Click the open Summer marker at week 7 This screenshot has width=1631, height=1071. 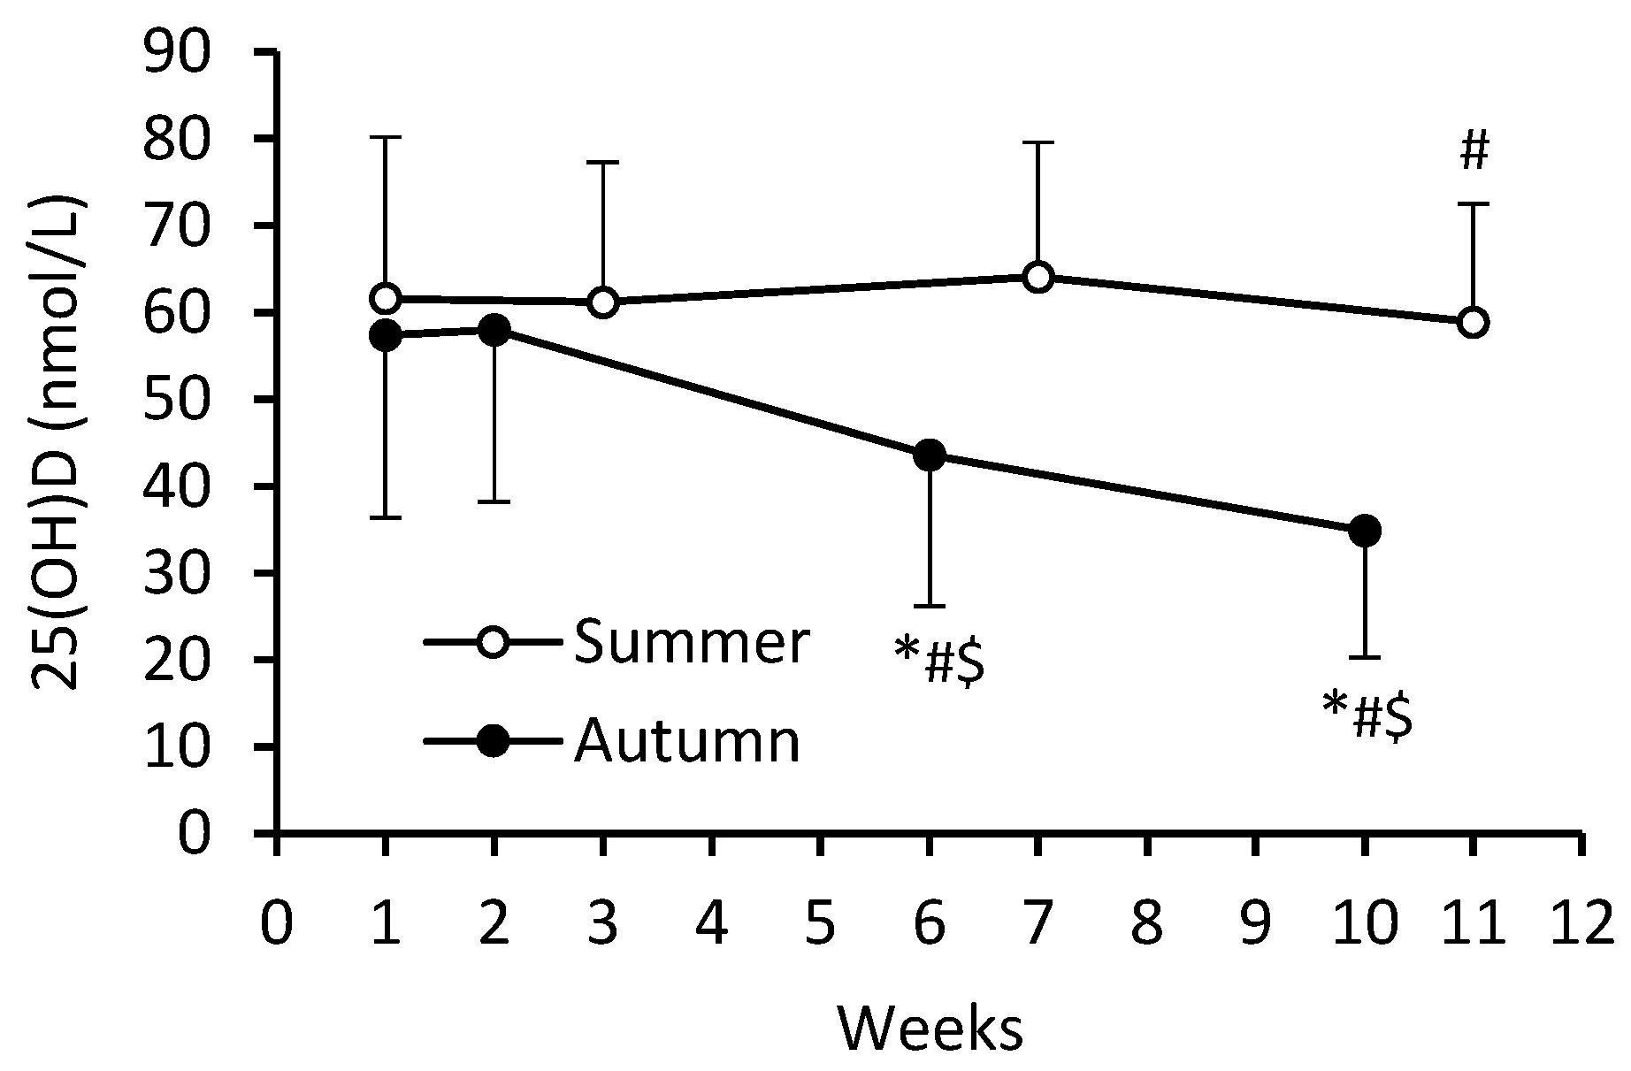pyautogui.click(x=1038, y=277)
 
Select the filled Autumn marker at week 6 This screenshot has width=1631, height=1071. pyautogui.click(x=930, y=455)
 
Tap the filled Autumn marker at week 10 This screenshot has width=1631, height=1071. pyautogui.click(x=1365, y=531)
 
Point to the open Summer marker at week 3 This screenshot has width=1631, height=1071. pyautogui.click(x=602, y=302)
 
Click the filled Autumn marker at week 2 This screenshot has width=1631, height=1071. pyautogui.click(x=494, y=331)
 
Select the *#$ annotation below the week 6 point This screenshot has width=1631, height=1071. pyautogui.click(x=939, y=662)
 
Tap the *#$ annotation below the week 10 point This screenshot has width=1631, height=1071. pyautogui.click(x=1367, y=716)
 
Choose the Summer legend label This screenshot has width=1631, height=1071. pyautogui.click(x=691, y=643)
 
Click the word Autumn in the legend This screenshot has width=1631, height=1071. pyautogui.click(x=687, y=741)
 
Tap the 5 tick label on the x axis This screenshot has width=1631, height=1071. pyautogui.click(x=821, y=924)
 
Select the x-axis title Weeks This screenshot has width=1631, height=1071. pyautogui.click(x=930, y=1029)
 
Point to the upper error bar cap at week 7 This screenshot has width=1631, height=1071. pyautogui.click(x=1038, y=142)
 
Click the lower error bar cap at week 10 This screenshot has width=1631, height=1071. pyautogui.click(x=1365, y=657)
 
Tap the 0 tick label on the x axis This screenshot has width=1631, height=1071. pyautogui.click(x=277, y=924)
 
